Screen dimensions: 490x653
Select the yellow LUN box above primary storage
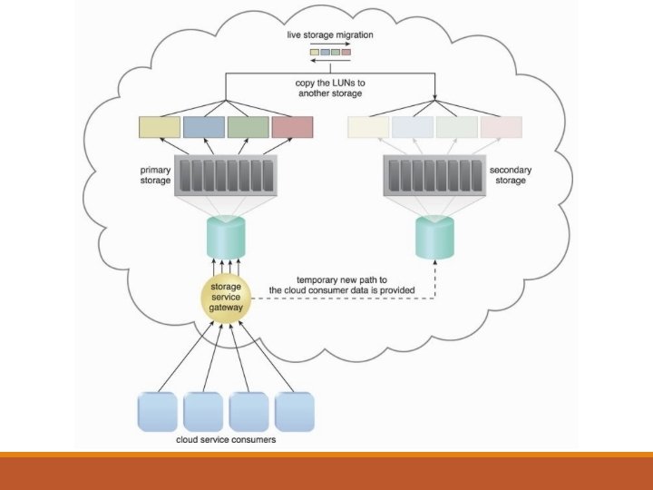coord(160,127)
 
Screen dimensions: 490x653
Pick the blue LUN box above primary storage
coord(203,127)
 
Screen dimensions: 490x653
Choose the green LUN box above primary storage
coord(248,127)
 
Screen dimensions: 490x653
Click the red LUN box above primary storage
coord(292,127)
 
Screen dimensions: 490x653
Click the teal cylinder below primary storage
coord(225,235)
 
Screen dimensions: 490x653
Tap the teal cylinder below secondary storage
coord(434,235)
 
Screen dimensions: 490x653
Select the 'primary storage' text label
coord(155,174)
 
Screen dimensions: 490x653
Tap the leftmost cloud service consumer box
coord(155,411)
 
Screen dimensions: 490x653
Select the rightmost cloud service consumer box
coord(294,411)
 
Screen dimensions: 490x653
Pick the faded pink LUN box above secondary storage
coord(502,127)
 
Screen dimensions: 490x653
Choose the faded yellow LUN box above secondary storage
coord(367,127)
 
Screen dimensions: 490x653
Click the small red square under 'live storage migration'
coord(346,52)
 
